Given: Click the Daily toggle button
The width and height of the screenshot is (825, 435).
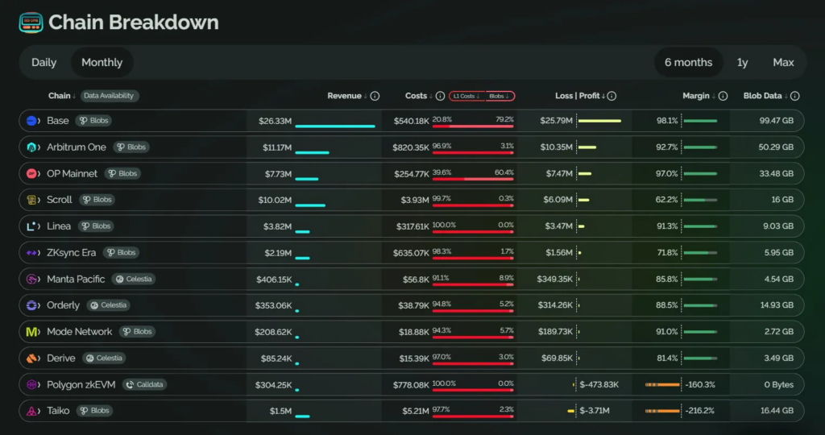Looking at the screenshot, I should click(x=44, y=62).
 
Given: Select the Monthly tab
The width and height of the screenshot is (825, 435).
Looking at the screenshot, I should click(x=102, y=62).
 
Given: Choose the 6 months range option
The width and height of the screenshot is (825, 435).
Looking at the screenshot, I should click(x=688, y=62).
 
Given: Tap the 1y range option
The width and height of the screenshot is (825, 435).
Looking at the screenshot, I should click(x=742, y=62).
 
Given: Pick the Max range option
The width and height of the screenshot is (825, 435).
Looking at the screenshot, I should click(x=783, y=62).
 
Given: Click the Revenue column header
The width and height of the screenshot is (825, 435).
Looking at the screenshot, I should click(x=344, y=96).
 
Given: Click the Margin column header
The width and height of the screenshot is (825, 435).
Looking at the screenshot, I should click(x=695, y=96).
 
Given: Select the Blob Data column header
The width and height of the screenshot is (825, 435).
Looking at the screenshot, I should click(x=762, y=96).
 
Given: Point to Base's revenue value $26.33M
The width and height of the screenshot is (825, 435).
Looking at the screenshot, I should click(x=275, y=121).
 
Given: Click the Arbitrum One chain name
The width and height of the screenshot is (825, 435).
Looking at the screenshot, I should click(x=76, y=147).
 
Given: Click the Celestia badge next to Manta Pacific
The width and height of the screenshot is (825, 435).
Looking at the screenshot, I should click(x=134, y=279).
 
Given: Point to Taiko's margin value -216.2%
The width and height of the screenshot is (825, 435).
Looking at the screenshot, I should click(x=699, y=411).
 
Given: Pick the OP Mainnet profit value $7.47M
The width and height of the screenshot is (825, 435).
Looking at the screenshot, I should click(x=557, y=173).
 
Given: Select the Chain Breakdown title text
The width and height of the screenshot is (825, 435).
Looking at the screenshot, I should click(x=133, y=22).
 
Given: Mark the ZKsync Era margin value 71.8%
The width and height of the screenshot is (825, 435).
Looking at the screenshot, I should click(x=667, y=253).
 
